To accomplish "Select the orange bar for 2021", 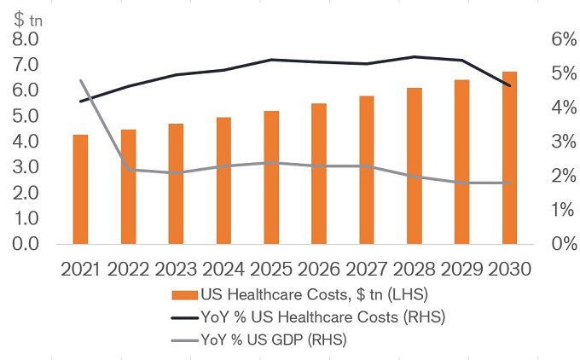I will (80, 189).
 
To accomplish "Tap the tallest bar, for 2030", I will (508, 158).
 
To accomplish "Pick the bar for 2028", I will (414, 165).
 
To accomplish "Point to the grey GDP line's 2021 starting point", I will (81, 81).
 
